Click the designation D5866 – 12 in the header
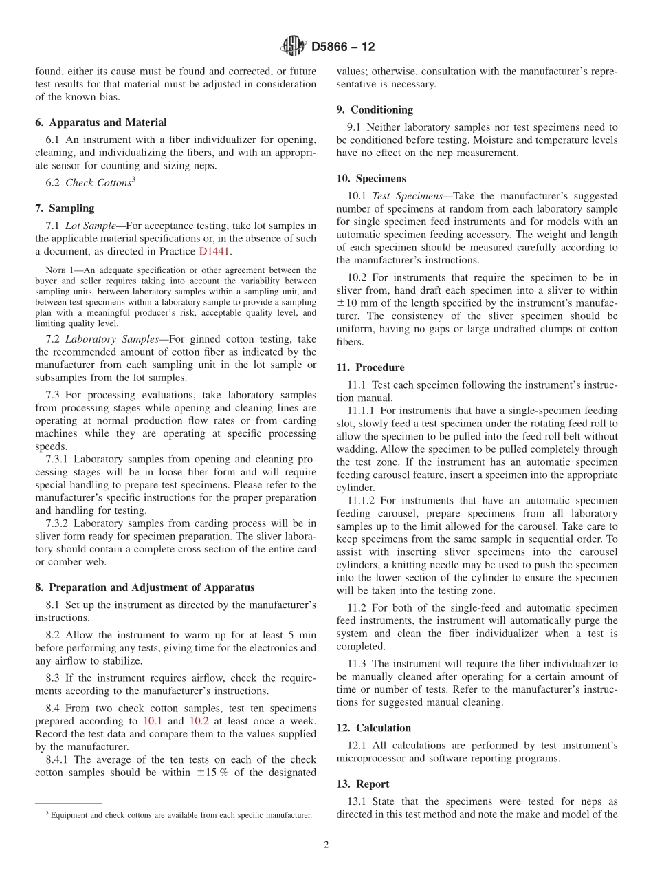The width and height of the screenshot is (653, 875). (342, 47)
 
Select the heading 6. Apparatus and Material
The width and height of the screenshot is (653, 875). (101, 122)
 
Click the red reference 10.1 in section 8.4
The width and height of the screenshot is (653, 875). (152, 721)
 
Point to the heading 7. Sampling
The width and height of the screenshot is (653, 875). (65, 208)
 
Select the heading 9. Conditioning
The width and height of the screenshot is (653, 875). (375, 109)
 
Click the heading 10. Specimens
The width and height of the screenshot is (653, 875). (371, 178)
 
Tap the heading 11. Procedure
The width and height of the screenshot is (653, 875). (370, 367)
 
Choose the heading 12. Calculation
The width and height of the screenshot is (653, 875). (374, 728)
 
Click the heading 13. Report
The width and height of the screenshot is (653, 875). (363, 784)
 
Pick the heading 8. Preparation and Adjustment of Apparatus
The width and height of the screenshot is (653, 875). (144, 587)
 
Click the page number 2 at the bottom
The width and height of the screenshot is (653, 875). (326, 845)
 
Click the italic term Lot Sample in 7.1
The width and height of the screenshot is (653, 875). (91, 226)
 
